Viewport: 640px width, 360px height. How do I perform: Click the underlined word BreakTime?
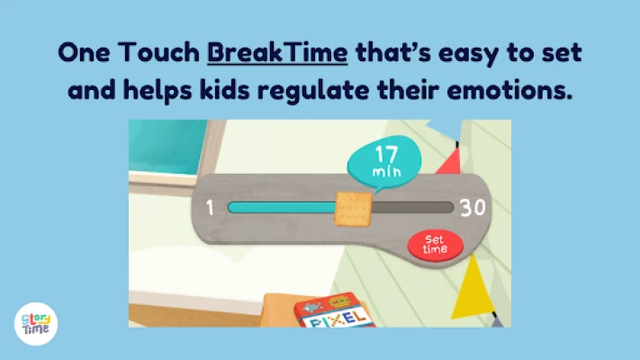click(277, 53)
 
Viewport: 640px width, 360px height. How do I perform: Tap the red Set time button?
click(436, 246)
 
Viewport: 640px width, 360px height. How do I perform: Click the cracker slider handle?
click(354, 209)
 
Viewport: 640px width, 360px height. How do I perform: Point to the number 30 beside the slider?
click(473, 208)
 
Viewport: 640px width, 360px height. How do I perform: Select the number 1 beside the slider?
click(210, 208)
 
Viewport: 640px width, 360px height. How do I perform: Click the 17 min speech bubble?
click(384, 162)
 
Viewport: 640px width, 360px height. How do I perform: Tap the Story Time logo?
click(36, 324)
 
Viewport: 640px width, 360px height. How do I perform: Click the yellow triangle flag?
click(473, 288)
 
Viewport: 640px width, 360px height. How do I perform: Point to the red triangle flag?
click(449, 161)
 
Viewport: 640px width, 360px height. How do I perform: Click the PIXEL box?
click(335, 311)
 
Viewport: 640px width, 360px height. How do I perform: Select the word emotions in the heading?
click(509, 90)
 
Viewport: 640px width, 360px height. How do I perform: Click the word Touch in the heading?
click(158, 53)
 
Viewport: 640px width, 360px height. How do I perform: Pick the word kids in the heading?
click(224, 90)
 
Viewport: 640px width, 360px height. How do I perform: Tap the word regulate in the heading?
click(313, 91)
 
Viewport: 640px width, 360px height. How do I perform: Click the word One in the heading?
click(84, 53)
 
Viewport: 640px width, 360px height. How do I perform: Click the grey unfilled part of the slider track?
click(413, 207)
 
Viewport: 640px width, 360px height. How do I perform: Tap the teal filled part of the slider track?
click(282, 207)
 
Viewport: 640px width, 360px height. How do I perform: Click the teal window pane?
click(168, 146)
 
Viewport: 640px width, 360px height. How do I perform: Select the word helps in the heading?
click(158, 91)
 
